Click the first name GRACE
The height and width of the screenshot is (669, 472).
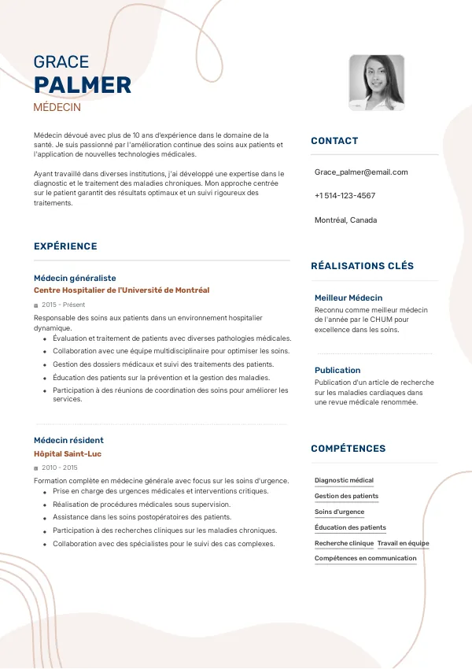point(61,62)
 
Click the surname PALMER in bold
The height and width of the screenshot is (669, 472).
point(83,85)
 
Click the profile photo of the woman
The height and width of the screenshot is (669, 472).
point(376,82)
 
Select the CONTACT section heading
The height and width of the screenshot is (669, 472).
point(334,141)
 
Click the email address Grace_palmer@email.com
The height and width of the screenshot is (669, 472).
point(361,172)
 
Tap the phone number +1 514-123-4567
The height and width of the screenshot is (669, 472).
point(345,195)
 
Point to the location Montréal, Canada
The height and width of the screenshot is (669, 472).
point(345,220)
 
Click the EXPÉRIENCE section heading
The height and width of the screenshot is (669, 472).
point(65,246)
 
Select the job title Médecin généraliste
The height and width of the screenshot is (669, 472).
point(75,278)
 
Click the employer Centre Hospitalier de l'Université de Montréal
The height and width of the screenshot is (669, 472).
point(122,290)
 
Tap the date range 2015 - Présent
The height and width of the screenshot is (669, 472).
point(63,305)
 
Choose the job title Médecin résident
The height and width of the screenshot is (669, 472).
point(68,440)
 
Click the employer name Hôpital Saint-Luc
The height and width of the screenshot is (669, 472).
point(68,454)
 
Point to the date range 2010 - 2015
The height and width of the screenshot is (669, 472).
point(60,468)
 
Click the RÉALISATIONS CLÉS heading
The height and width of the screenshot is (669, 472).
point(362,266)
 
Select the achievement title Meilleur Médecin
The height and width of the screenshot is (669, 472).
point(348,298)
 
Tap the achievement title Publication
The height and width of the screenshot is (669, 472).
point(337,370)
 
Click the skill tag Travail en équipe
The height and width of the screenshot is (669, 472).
point(403,543)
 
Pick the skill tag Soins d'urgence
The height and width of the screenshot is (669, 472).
point(339,512)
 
